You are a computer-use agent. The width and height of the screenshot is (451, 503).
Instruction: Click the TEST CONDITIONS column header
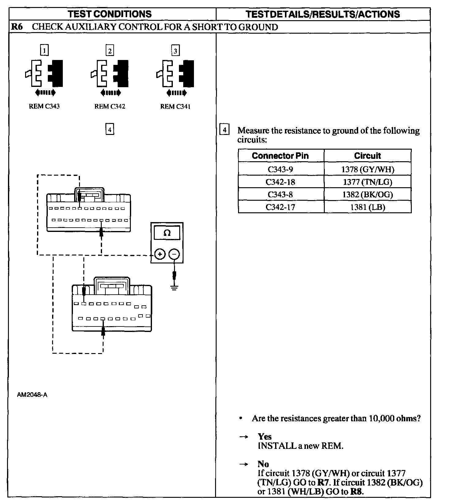point(110,14)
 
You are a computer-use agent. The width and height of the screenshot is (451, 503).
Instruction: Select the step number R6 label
point(17,27)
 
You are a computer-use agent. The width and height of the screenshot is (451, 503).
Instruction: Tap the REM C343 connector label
point(44,106)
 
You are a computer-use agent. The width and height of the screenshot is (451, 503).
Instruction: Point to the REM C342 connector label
point(110,106)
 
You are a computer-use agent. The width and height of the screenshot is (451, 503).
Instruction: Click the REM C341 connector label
point(175,106)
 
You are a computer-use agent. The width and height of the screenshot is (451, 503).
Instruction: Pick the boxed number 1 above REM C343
point(44,50)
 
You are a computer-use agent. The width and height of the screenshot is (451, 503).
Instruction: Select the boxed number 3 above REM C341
point(175,50)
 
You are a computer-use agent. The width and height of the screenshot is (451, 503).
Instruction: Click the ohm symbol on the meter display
point(167,233)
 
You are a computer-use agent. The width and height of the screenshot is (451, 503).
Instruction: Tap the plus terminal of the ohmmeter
point(160,254)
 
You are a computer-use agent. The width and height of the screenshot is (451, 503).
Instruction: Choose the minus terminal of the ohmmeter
point(174,254)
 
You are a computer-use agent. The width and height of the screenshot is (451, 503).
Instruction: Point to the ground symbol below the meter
point(174,288)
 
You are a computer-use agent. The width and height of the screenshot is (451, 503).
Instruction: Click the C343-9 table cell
point(280,169)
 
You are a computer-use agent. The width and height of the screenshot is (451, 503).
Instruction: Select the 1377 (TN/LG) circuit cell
point(367,182)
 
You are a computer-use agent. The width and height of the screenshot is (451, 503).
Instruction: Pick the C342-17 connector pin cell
point(280,207)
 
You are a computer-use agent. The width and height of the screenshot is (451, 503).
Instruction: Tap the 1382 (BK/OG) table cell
point(367,195)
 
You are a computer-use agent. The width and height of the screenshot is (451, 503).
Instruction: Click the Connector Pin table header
point(280,156)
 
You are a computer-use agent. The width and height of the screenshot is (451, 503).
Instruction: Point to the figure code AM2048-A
point(32,395)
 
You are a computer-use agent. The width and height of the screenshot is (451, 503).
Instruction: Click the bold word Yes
point(265,437)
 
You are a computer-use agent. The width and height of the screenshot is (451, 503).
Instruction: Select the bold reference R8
point(357,492)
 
